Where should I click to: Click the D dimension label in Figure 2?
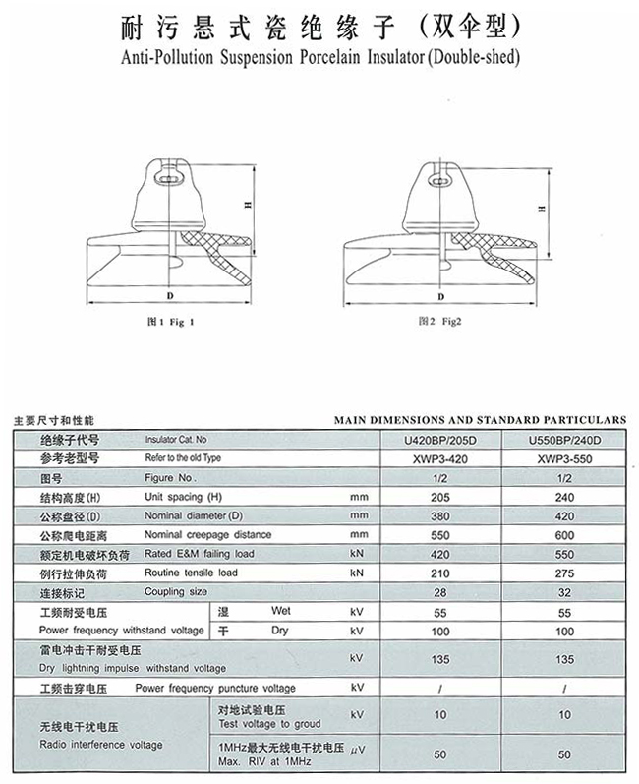[x=440, y=294]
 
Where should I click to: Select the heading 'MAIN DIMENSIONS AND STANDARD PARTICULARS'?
[x=480, y=419]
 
